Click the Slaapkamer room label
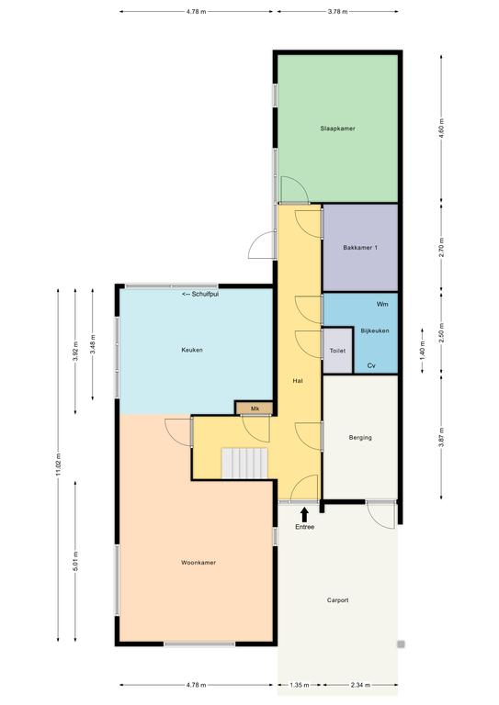coord(337,129)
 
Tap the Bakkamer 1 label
coord(360,248)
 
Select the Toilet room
coord(337,351)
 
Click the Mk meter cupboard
coord(255,408)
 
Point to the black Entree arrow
coord(304,514)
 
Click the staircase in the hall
coord(244,463)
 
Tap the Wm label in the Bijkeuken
coord(382,305)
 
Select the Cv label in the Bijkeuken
coord(371,366)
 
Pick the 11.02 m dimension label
coord(59,464)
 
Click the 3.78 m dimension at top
coord(337,12)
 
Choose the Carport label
coord(337,600)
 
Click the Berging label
coord(360,438)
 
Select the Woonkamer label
coord(198,563)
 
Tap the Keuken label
coord(192,350)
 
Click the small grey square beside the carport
coord(401,644)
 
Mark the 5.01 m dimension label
coord(75,561)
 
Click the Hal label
coord(298,381)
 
